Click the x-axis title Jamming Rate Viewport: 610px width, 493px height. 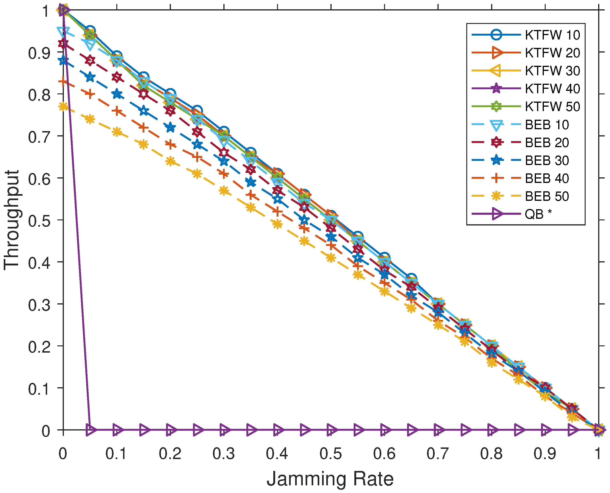click(330, 479)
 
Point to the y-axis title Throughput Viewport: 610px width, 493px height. click(11, 220)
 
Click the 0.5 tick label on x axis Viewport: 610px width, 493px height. click(330, 453)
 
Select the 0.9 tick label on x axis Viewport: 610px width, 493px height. click(545, 453)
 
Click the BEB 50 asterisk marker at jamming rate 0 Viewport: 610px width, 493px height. click(63, 107)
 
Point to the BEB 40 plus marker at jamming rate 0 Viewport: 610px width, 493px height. click(63, 82)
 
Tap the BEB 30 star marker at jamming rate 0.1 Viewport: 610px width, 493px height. click(117, 94)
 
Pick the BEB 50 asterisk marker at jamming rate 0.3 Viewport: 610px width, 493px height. click(224, 191)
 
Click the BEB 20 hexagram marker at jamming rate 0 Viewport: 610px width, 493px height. click(63, 44)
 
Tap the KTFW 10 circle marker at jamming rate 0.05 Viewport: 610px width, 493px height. click(90, 31)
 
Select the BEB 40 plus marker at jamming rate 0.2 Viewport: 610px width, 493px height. click(170, 145)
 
